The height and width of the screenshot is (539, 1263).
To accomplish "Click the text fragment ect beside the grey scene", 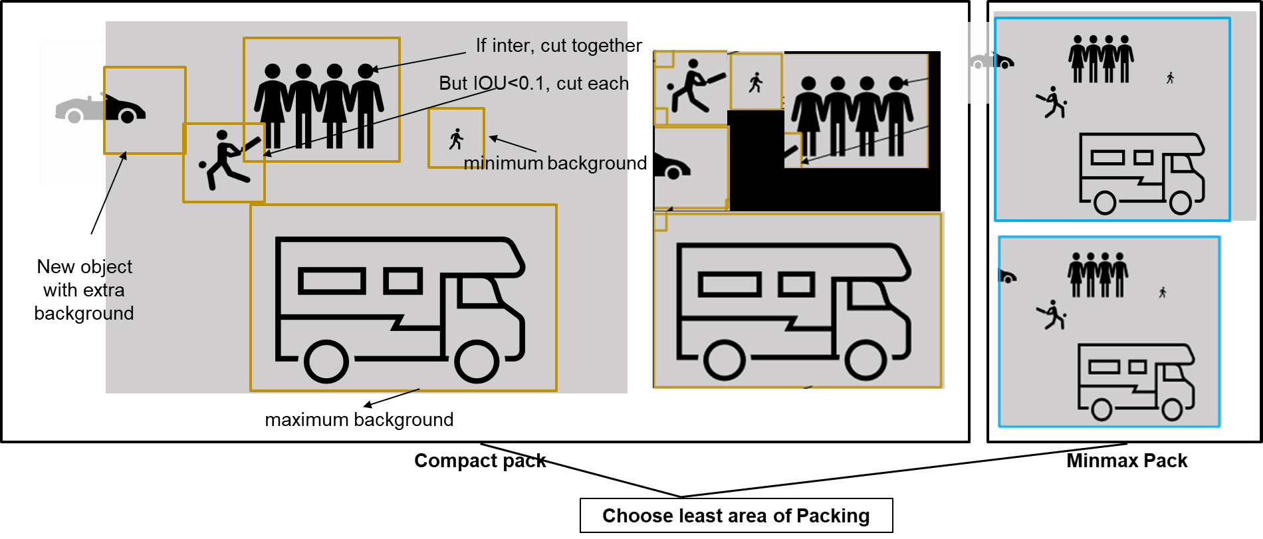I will pyautogui.click(x=120, y=267).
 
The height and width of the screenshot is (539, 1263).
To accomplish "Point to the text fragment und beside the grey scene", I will pyautogui.click(x=120, y=314).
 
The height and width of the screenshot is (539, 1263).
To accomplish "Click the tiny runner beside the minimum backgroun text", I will pyautogui.click(x=456, y=140).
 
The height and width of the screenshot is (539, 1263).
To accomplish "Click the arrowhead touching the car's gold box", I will pyautogui.click(x=123, y=156).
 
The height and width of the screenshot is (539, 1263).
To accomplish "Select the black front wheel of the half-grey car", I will pyautogui.click(x=128, y=116).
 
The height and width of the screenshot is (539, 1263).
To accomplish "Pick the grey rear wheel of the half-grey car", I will pyautogui.click(x=74, y=117).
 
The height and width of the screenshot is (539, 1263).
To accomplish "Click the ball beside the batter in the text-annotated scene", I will pyautogui.click(x=203, y=164).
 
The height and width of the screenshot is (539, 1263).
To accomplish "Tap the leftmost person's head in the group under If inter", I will pyautogui.click(x=272, y=71).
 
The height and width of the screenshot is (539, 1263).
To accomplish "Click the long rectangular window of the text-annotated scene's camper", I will pyautogui.click(x=332, y=281).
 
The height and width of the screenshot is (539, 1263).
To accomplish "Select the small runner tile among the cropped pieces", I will pyautogui.click(x=756, y=82).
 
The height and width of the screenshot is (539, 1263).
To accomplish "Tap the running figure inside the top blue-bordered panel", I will pyautogui.click(x=1170, y=78).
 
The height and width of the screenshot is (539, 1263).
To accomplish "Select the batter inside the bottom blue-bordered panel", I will pyautogui.click(x=1052, y=315).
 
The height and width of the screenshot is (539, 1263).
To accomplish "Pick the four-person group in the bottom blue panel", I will pyautogui.click(x=1097, y=274).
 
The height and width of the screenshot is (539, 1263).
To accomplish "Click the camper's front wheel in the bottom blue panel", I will pyautogui.click(x=1171, y=409).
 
